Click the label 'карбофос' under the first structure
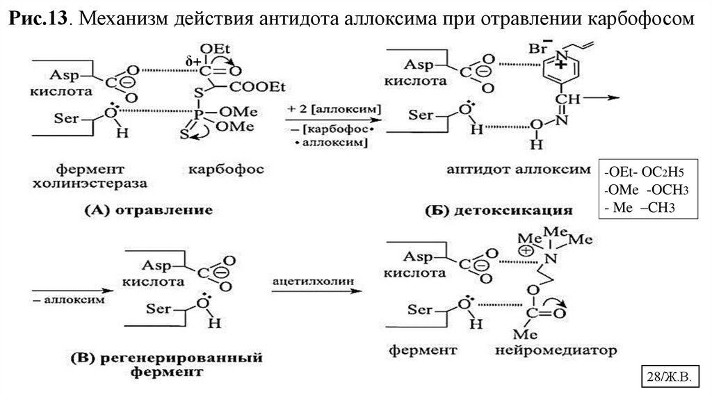[224, 169]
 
